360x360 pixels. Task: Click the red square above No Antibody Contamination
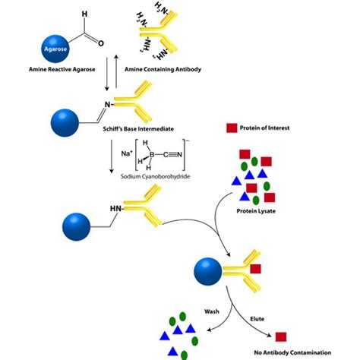pos(280,336)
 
